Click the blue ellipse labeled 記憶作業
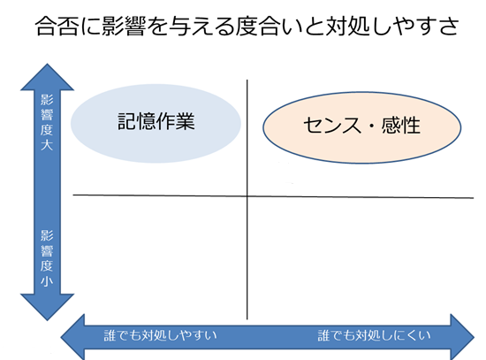(156, 123)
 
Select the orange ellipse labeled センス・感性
(361, 127)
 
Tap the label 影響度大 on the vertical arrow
(47, 122)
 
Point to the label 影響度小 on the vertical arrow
(47, 258)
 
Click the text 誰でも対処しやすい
(160, 335)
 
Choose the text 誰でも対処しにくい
(374, 335)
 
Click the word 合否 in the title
(57, 26)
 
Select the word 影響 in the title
(124, 26)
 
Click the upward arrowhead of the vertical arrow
(47, 77)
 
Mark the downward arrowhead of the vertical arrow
(47, 307)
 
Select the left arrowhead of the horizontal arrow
(72, 337)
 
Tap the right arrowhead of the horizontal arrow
(462, 337)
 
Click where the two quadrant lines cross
(247, 196)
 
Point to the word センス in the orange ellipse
(332, 126)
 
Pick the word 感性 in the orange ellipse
(401, 126)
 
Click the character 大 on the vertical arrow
(47, 145)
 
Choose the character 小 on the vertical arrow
(47, 281)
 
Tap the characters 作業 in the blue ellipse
(176, 121)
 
